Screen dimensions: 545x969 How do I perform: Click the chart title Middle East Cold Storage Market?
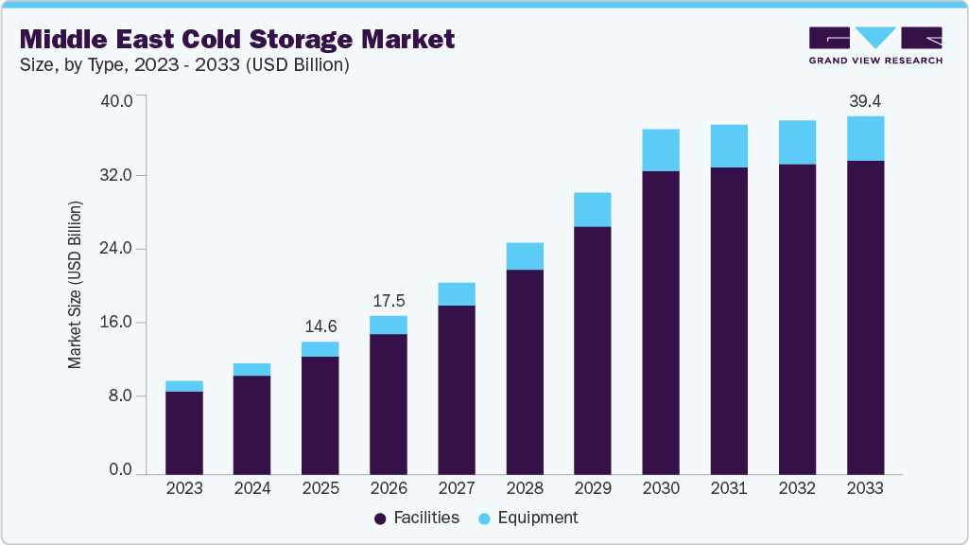(237, 39)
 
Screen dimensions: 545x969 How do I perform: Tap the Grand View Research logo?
(875, 45)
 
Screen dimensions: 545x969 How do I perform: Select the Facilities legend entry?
(417, 518)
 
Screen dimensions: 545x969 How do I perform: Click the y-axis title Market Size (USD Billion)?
(75, 285)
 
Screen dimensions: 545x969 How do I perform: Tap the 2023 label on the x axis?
(183, 488)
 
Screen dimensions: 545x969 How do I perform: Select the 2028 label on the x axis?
(525, 488)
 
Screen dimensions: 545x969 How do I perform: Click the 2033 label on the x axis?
(865, 488)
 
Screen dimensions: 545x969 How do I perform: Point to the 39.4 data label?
(865, 101)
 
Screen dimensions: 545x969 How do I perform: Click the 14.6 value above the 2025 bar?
(320, 326)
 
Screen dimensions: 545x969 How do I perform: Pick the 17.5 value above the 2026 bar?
(389, 301)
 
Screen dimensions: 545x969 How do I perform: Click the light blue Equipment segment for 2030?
(661, 150)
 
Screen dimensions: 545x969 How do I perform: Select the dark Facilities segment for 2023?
(183, 432)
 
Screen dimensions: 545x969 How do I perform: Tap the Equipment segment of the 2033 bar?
(865, 138)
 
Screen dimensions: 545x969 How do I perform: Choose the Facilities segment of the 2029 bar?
(593, 350)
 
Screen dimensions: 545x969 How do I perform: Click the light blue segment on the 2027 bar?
(457, 294)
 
